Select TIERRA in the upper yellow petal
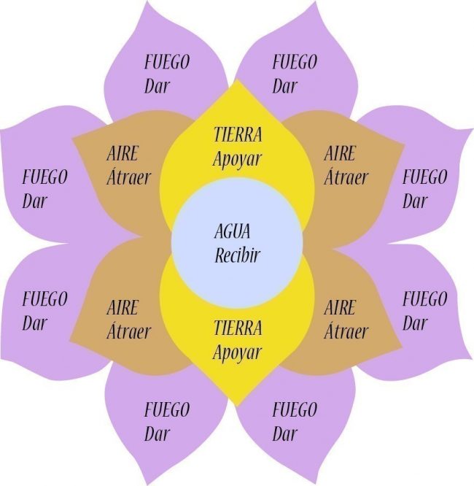pos(237,135)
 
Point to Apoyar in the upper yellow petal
pos(237,159)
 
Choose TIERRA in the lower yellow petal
pos(237,328)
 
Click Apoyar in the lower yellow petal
pos(237,352)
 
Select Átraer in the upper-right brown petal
pos(346,177)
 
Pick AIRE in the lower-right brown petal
pos(340,308)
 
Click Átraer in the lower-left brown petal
pos(128,331)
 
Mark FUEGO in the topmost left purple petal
pos(167,61)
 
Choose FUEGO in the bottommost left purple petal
pos(167,409)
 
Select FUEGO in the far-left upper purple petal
pos(44,177)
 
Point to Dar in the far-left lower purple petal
pos(34,322)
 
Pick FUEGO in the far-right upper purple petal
pos(425,177)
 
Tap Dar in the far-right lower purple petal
pos(414,322)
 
